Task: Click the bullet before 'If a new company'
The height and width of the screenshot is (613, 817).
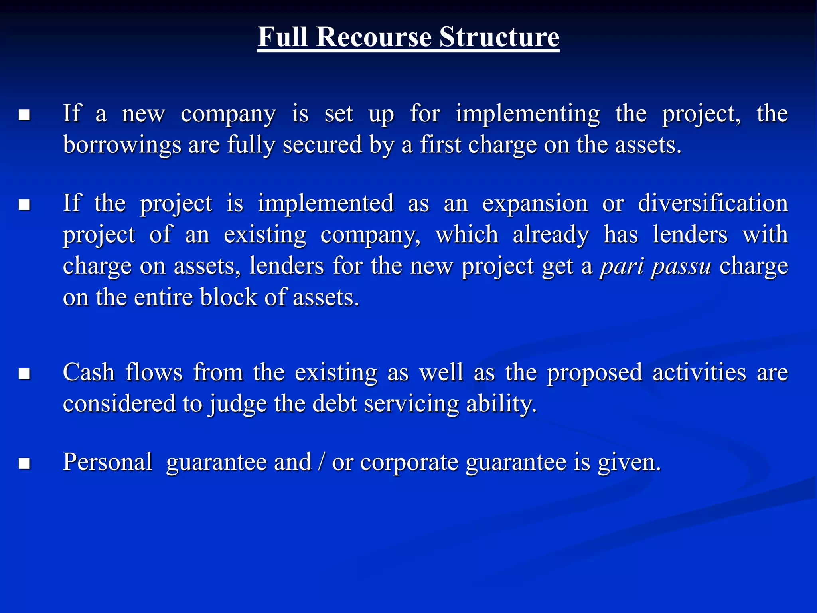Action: click(x=25, y=115)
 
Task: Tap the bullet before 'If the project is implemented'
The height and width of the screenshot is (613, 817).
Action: click(x=25, y=205)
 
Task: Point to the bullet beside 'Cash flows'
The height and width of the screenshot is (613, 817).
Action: click(x=25, y=374)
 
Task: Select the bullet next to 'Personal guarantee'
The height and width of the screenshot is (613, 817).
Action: click(x=25, y=463)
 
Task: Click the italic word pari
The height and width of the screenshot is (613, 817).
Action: click(x=621, y=266)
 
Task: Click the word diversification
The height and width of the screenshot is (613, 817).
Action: click(x=713, y=204)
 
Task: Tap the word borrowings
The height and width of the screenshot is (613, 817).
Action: click(x=122, y=146)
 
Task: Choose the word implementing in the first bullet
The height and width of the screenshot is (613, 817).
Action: click(x=527, y=114)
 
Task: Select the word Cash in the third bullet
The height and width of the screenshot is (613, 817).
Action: click(x=89, y=372)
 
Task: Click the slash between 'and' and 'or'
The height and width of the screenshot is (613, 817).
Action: click(x=321, y=462)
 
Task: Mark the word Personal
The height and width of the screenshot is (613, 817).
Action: click(x=107, y=462)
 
